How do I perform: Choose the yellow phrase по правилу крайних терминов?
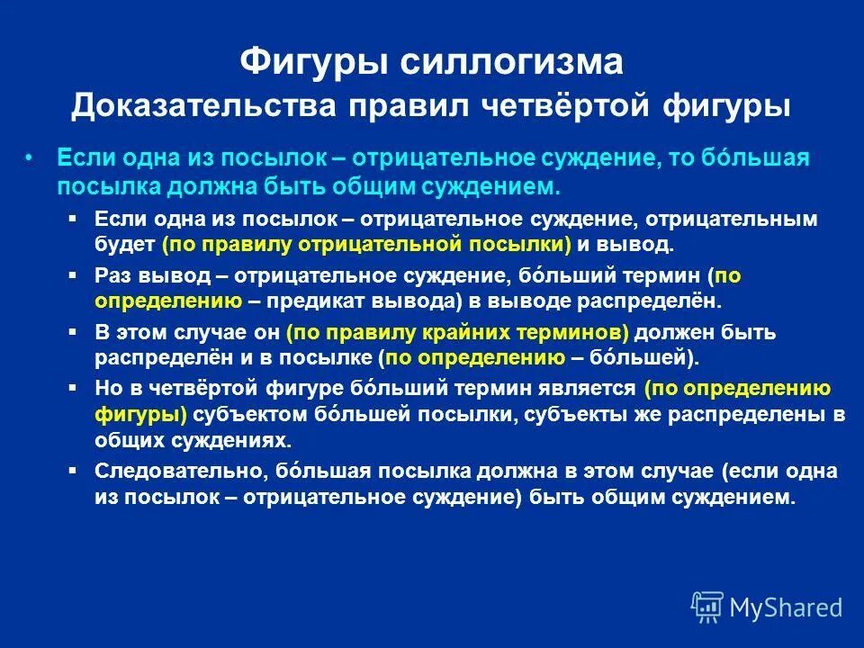pyautogui.click(x=456, y=332)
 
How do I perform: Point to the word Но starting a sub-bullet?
pyautogui.click(x=106, y=389)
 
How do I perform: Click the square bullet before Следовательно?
pyautogui.click(x=74, y=470)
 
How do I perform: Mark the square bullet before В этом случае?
pyautogui.click(x=74, y=331)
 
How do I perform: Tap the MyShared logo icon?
pyautogui.click(x=707, y=607)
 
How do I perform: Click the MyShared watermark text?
pyautogui.click(x=785, y=608)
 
